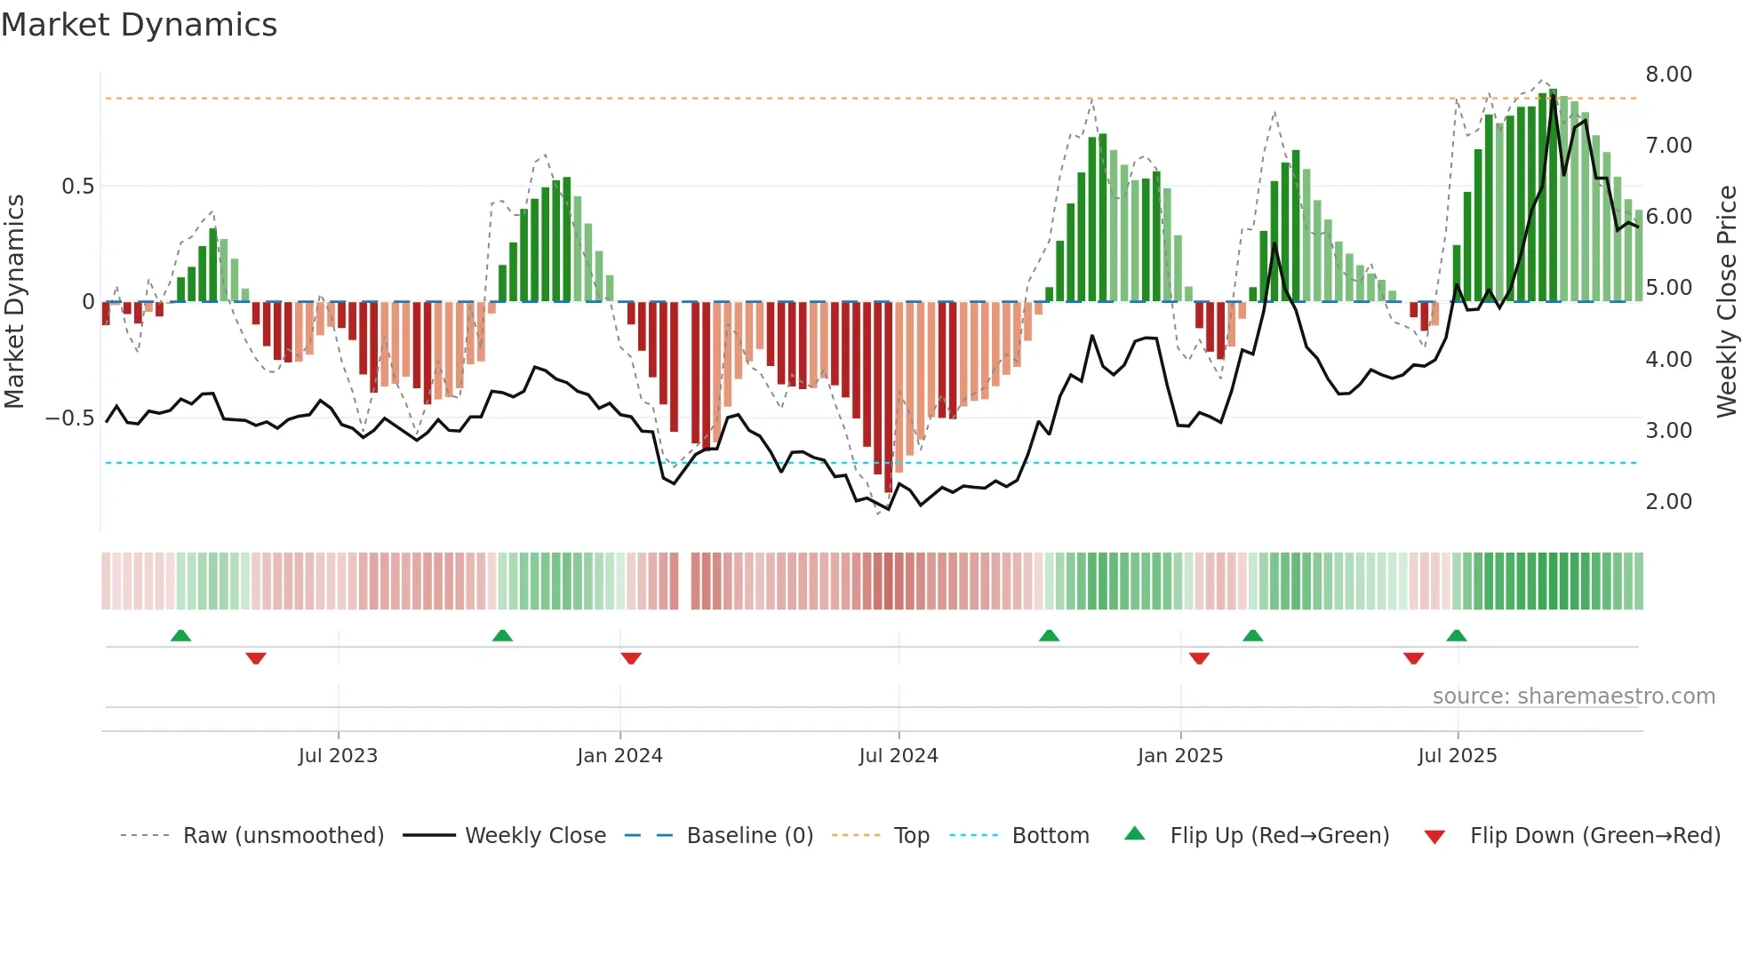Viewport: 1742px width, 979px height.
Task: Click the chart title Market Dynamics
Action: [140, 25]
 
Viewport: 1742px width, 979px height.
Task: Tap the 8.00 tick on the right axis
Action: [1668, 75]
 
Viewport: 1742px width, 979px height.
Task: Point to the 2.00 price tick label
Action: [1668, 502]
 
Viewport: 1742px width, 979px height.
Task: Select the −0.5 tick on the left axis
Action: [70, 418]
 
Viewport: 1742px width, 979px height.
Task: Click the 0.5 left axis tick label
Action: [77, 187]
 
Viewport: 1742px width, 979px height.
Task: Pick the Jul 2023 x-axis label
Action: [338, 756]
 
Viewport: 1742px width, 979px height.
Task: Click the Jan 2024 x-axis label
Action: [619, 756]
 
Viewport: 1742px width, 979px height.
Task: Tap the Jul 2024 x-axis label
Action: [898, 756]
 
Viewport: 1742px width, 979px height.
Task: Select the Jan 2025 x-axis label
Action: [1179, 756]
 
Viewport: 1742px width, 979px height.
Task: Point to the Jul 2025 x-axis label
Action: [1457, 756]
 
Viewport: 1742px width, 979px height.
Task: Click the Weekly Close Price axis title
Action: [1726, 301]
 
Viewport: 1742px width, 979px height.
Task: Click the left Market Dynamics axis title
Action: [14, 301]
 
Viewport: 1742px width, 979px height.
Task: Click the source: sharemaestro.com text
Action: [1573, 696]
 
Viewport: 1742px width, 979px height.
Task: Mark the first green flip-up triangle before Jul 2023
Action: [180, 635]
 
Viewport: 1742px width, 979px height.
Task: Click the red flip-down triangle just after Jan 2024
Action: [631, 658]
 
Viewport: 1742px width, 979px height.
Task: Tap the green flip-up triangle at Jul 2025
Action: [1456, 635]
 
